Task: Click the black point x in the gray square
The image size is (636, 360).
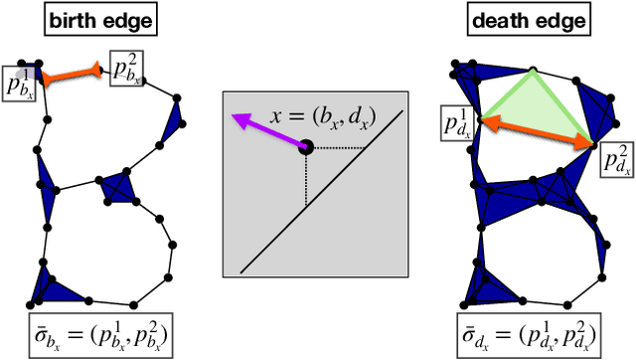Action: tap(306, 147)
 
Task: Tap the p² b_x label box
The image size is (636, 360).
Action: tap(123, 68)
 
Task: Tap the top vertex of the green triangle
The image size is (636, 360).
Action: tap(533, 71)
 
